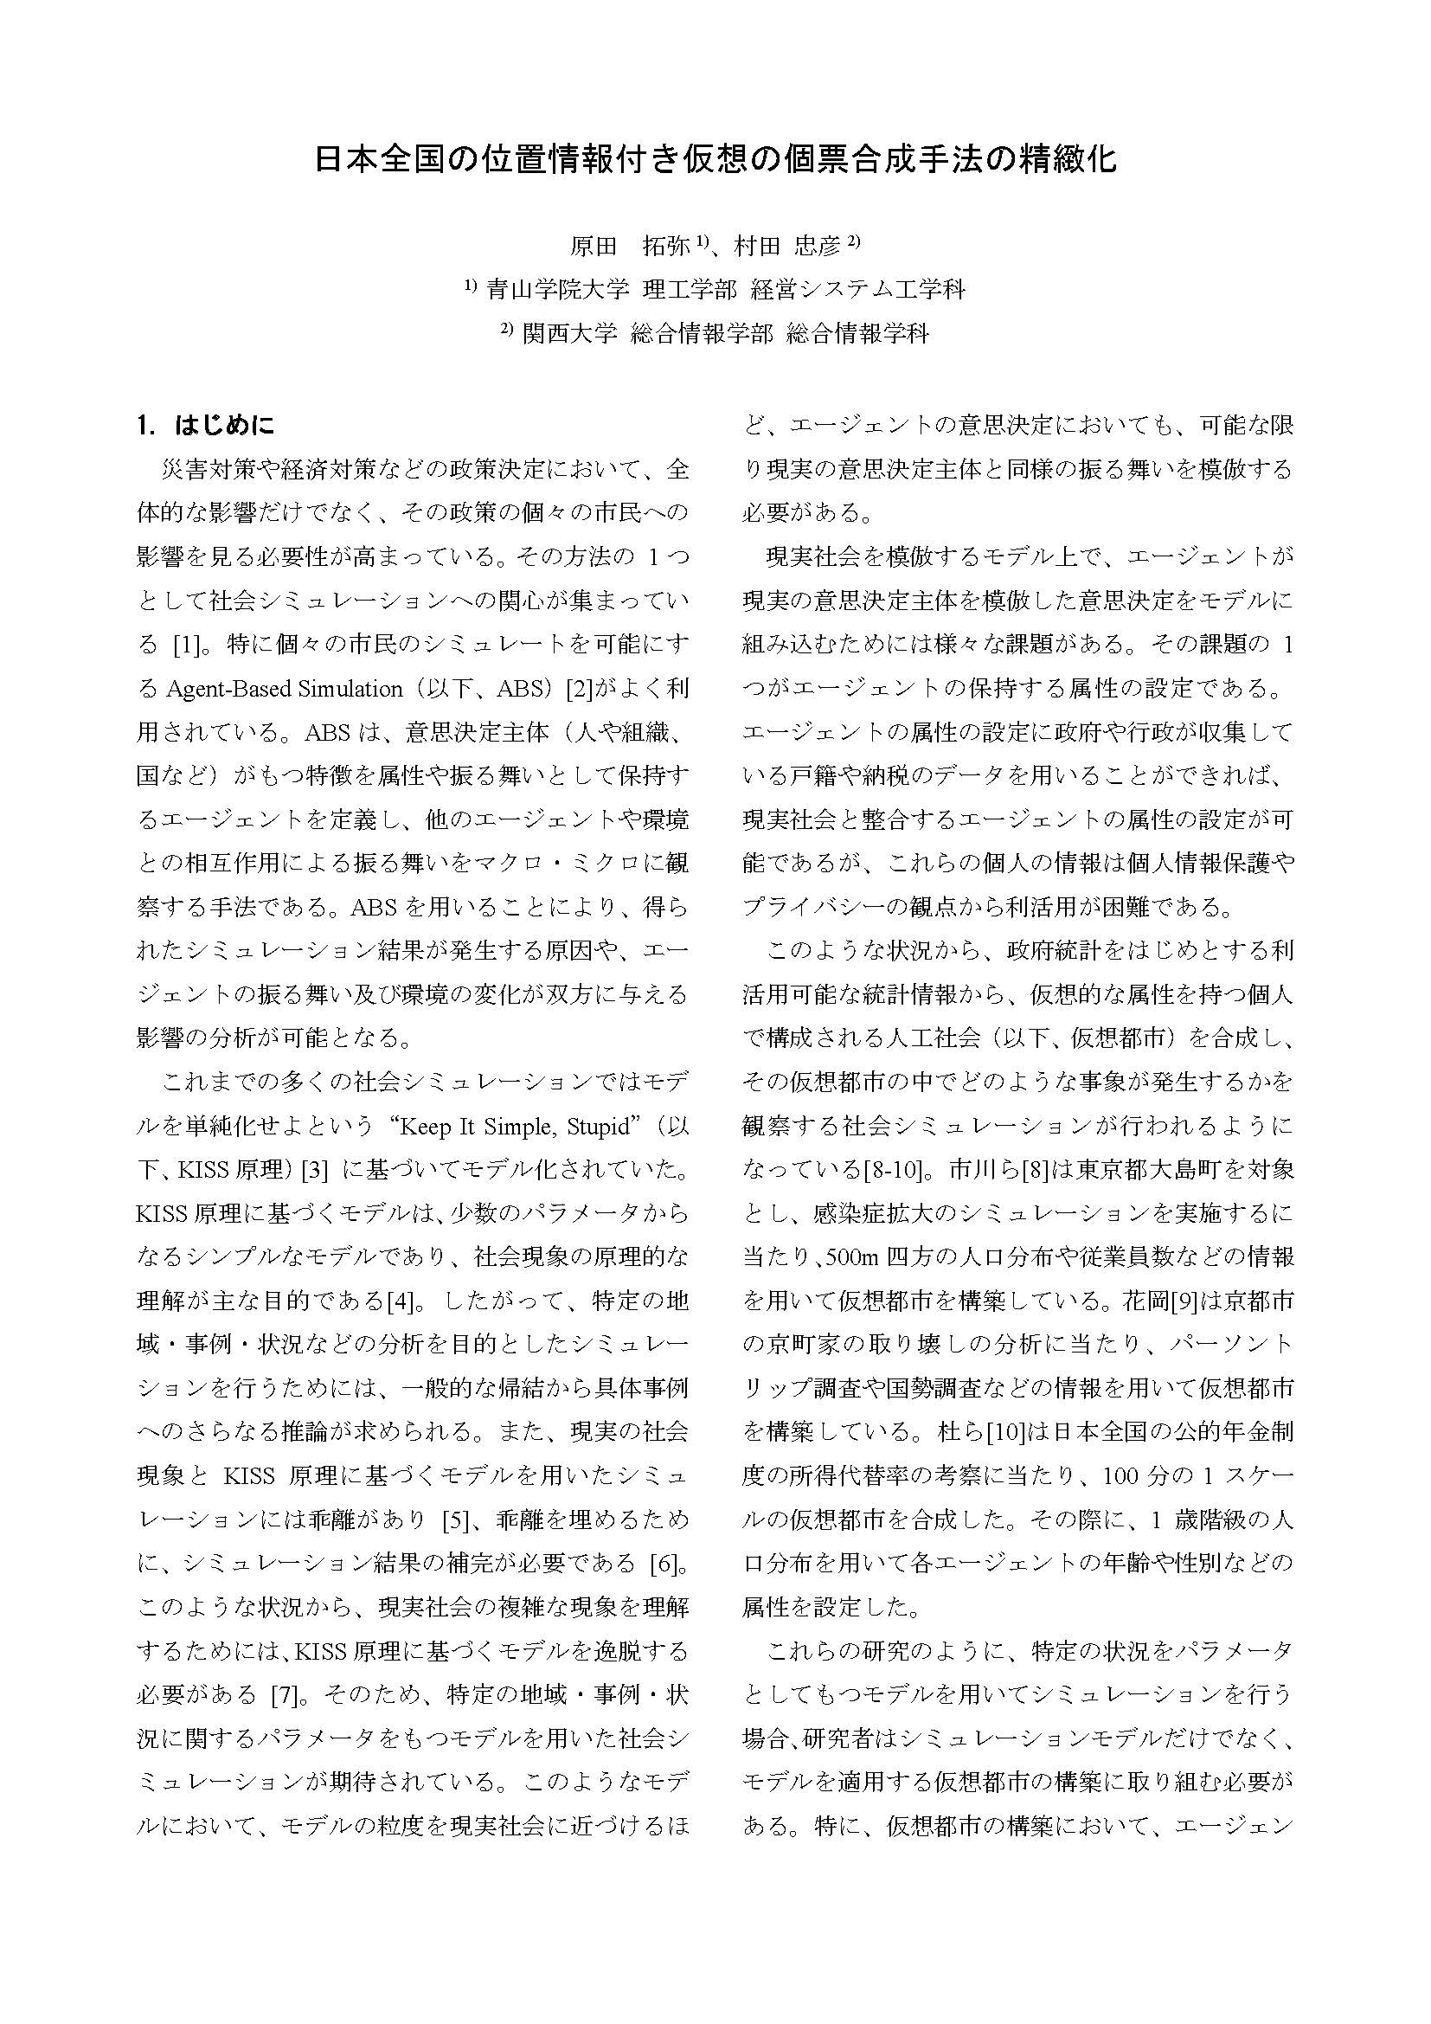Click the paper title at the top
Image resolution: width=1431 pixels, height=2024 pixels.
point(715,159)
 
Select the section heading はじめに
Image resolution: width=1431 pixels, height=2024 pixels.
point(225,427)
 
